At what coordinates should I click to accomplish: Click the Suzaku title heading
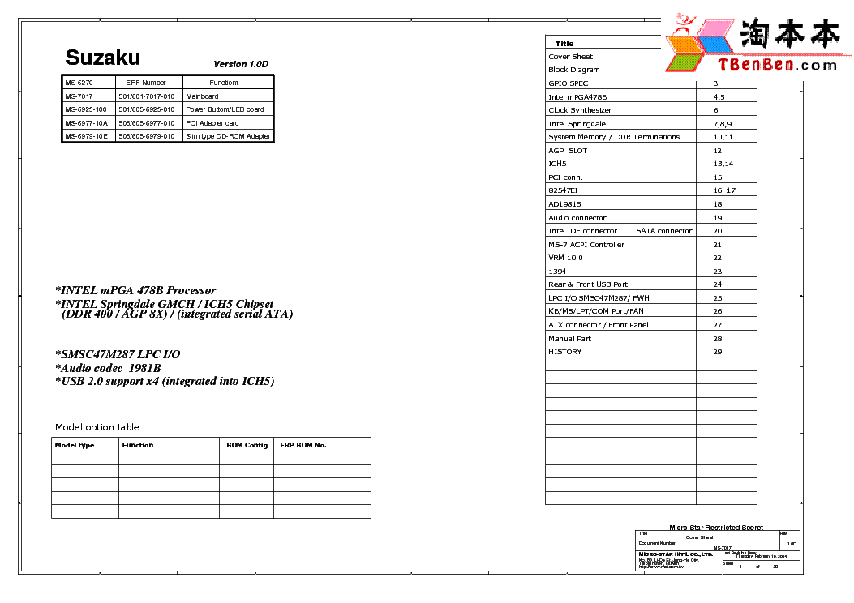pyautogui.click(x=102, y=58)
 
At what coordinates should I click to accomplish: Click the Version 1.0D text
pyautogui.click(x=240, y=64)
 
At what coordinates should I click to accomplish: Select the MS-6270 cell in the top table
pyautogui.click(x=79, y=83)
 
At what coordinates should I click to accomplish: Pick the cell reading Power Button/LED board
pyautogui.click(x=225, y=109)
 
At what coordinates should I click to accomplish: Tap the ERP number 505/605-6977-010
pyautogui.click(x=146, y=123)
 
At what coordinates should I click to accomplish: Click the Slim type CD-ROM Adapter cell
pyautogui.click(x=228, y=136)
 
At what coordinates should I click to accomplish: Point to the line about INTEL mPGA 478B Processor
pyautogui.click(x=135, y=290)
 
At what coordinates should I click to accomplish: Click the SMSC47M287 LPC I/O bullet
pyautogui.click(x=118, y=354)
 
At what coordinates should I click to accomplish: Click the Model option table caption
pyautogui.click(x=97, y=427)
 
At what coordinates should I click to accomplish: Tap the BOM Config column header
pyautogui.click(x=247, y=445)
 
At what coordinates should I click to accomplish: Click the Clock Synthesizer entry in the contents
pyautogui.click(x=580, y=110)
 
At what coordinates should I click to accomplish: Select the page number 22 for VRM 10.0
pyautogui.click(x=717, y=258)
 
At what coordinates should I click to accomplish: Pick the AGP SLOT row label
pyautogui.click(x=568, y=151)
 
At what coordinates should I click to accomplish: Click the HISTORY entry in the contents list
pyautogui.click(x=564, y=352)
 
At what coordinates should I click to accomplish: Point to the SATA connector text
pyautogui.click(x=663, y=231)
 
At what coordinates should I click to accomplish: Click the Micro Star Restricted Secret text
pyautogui.click(x=715, y=528)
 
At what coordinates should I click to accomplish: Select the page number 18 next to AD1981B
pyautogui.click(x=717, y=204)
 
